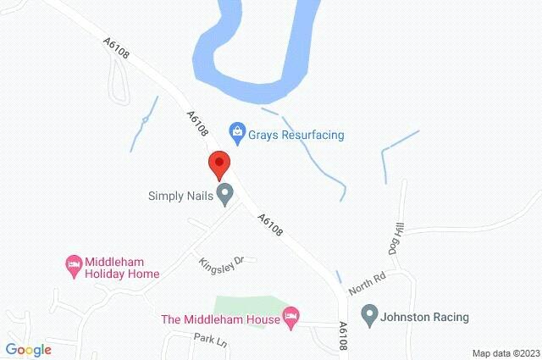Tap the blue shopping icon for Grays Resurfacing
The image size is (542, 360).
[x=238, y=131]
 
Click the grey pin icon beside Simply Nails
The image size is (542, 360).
[x=225, y=195]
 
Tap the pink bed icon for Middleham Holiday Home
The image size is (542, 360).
[x=74, y=265]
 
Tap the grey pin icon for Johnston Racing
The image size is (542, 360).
[x=369, y=316]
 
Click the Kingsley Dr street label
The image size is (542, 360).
[x=221, y=263]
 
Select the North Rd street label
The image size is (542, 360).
[x=367, y=281]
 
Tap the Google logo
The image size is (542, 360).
[x=28, y=349]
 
